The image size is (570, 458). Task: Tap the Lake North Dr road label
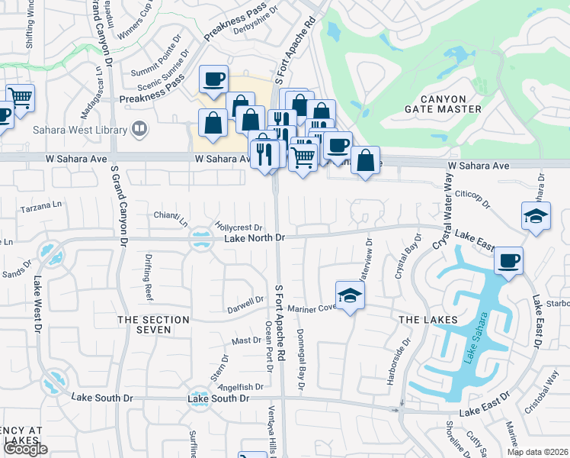[255, 238]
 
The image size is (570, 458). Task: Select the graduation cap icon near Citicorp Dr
[536, 215]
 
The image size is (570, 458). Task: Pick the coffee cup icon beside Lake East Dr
[508, 260]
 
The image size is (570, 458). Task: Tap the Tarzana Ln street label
[40, 206]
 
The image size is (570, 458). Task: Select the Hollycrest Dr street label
[239, 227]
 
